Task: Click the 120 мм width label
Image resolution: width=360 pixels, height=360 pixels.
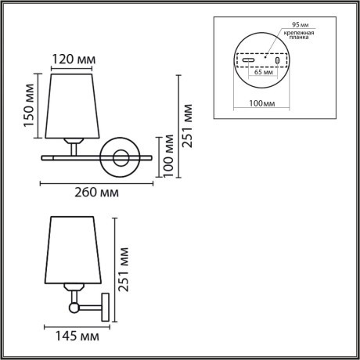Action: pos(74,59)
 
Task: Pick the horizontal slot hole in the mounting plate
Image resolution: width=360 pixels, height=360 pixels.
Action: pos(247,60)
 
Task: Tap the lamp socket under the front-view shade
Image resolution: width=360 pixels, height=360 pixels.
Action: pos(74,143)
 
